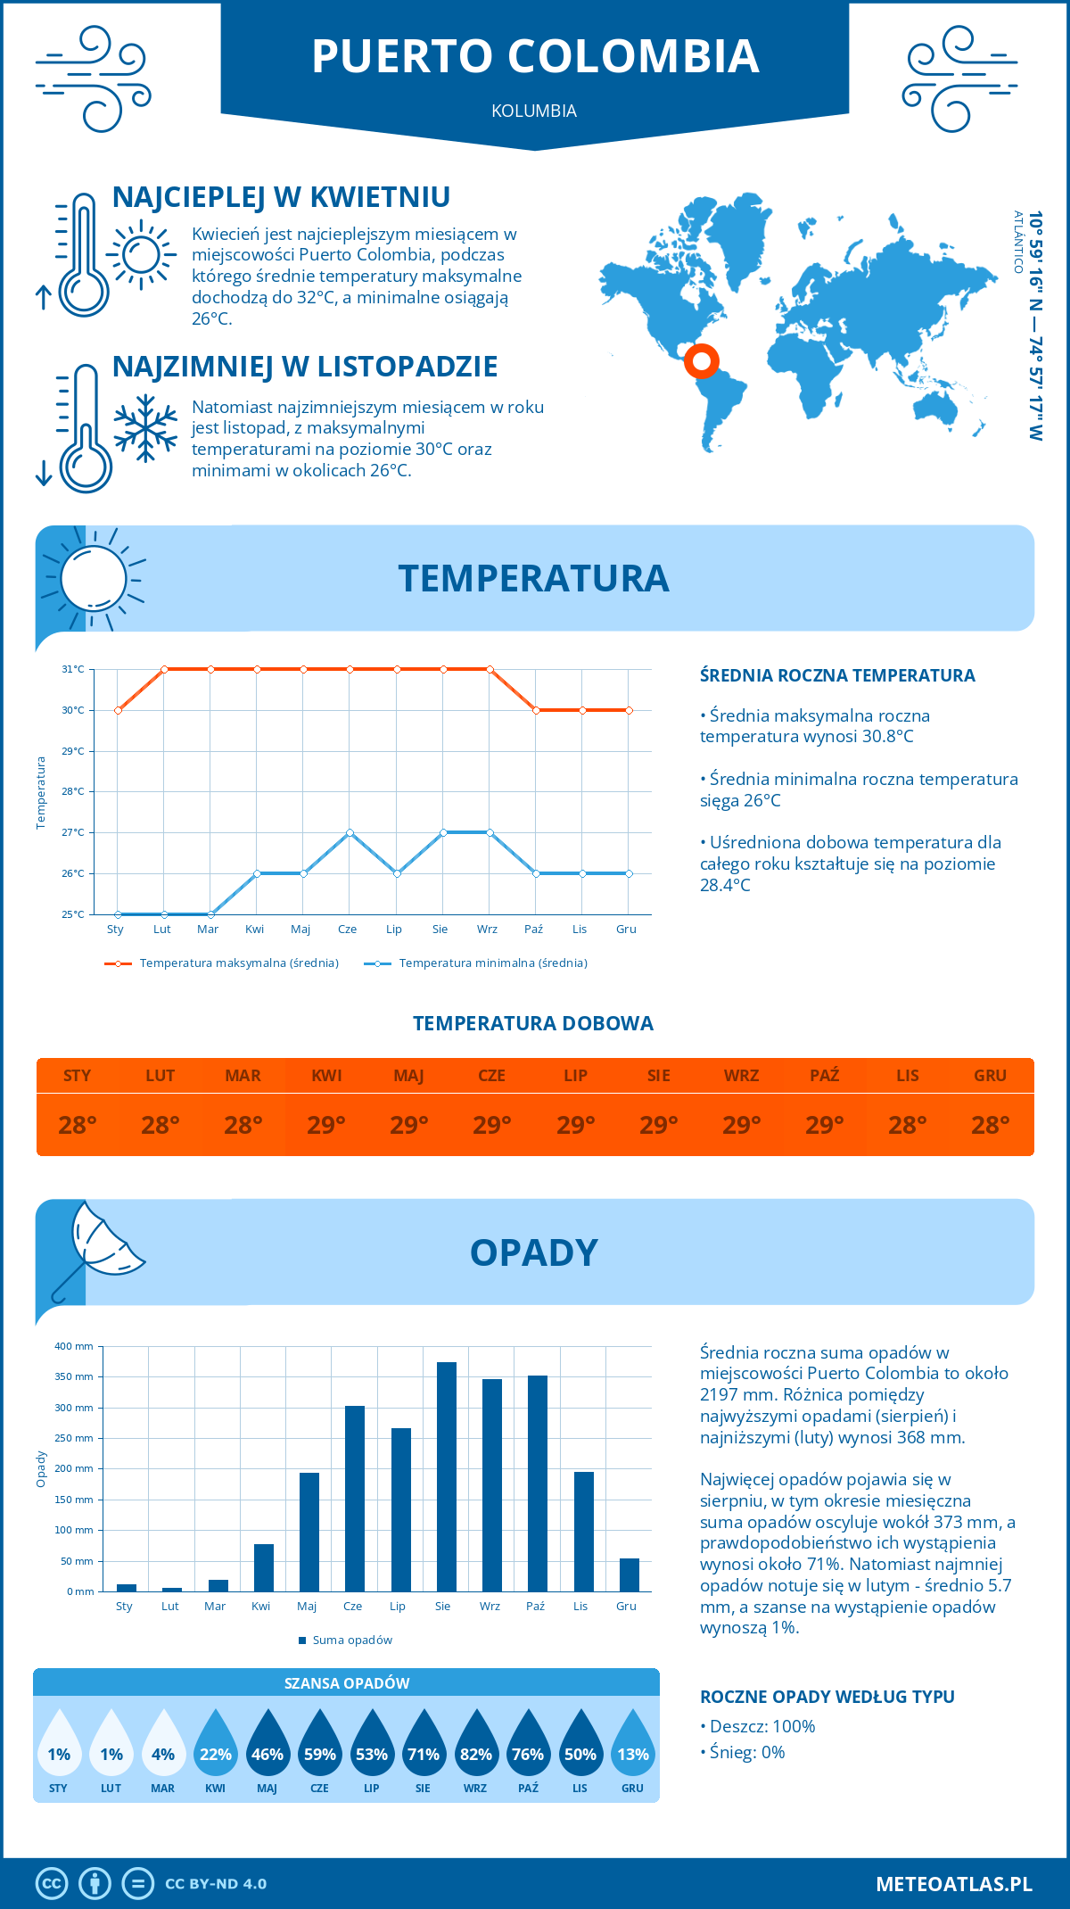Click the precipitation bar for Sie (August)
[447, 1476]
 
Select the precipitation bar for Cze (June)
[355, 1499]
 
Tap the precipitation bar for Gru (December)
[630, 1574]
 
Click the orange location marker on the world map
[702, 360]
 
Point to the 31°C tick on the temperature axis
[73, 669]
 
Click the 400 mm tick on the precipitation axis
[74, 1346]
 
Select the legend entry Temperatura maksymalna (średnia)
[222, 963]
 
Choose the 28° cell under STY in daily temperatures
[78, 1125]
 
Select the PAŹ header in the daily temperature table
[825, 1076]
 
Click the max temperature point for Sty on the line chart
[118, 710]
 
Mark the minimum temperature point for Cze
[350, 832]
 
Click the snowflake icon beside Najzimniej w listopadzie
[145, 428]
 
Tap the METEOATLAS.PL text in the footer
[953, 1884]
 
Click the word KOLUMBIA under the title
[534, 111]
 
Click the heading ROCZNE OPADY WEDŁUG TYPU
[827, 1697]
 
